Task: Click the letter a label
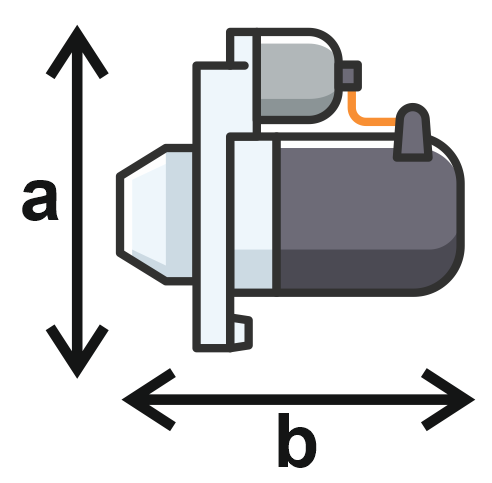tap(40, 200)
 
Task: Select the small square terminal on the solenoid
tap(350, 75)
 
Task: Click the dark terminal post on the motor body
tap(412, 133)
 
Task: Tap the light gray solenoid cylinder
tap(297, 76)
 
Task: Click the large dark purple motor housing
tap(368, 215)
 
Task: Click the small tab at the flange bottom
tap(242, 332)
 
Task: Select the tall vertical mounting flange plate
tap(213, 207)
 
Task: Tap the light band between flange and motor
tap(253, 215)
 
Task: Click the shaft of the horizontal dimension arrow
tap(298, 399)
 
